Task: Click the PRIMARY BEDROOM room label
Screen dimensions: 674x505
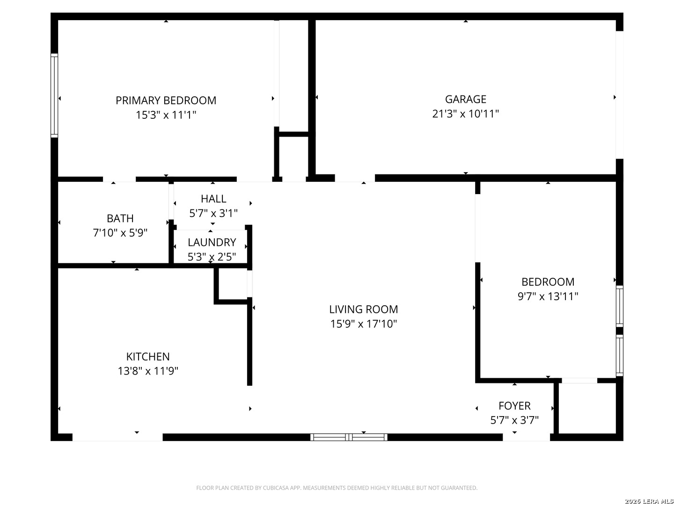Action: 166,101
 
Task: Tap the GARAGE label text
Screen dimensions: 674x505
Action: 466,99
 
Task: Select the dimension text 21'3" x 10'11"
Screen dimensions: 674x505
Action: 466,114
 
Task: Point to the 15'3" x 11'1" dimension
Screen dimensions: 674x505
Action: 166,115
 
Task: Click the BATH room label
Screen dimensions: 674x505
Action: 120,219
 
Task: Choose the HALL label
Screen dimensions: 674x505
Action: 213,199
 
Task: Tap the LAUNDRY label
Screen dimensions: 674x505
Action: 212,243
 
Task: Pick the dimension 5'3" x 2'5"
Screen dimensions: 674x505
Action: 212,257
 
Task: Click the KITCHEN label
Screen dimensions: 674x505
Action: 148,357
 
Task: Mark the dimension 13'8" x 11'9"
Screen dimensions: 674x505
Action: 148,371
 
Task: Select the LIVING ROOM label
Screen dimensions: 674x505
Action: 364,310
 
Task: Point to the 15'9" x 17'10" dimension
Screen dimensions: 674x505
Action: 364,324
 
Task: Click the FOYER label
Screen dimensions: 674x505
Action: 514,406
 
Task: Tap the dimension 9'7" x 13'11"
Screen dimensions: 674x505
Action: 548,296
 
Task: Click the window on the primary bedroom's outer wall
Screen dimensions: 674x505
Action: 54,95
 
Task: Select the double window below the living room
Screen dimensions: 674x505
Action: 349,437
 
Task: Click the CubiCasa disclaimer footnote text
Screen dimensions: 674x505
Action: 337,488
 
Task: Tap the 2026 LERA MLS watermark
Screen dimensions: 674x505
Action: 649,501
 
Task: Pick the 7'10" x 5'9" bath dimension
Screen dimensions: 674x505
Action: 120,233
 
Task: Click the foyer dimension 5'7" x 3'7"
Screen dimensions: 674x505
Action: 514,420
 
